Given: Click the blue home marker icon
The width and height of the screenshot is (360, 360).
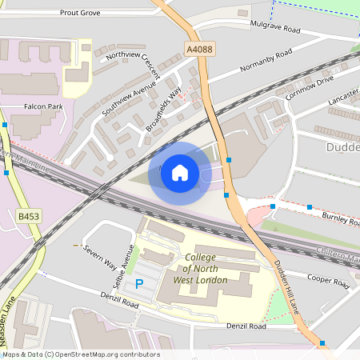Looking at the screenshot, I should tap(179, 173).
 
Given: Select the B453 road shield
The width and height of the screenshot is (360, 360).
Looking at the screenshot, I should tap(29, 216).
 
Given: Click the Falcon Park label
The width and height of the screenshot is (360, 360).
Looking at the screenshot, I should tap(43, 106).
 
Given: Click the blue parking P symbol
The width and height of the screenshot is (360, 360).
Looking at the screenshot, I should tap(139, 284).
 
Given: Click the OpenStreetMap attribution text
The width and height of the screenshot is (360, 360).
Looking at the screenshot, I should tap(81, 354).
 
